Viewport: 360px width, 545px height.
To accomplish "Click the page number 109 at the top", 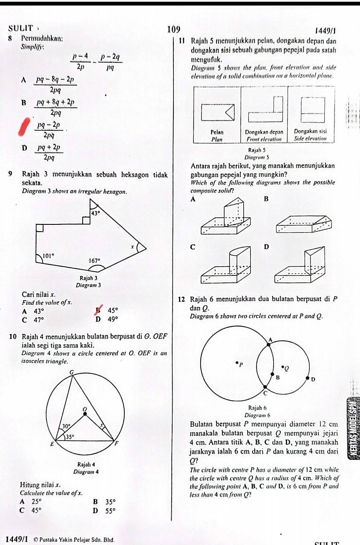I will (174, 29).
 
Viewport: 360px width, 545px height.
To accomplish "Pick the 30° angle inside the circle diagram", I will (66, 425).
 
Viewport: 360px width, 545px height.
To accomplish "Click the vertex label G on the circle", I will (72, 372).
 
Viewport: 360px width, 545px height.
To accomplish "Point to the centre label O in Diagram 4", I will (84, 409).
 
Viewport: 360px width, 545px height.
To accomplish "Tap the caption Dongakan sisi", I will (310, 132).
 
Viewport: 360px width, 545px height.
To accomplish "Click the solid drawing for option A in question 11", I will (225, 218).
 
